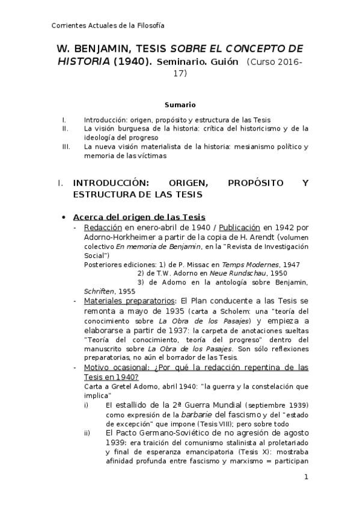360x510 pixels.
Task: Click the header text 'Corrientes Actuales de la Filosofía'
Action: click(108, 25)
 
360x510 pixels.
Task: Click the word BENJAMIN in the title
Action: click(103, 49)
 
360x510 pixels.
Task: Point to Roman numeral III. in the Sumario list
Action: click(66, 146)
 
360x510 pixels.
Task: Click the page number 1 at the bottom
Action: click(306, 478)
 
